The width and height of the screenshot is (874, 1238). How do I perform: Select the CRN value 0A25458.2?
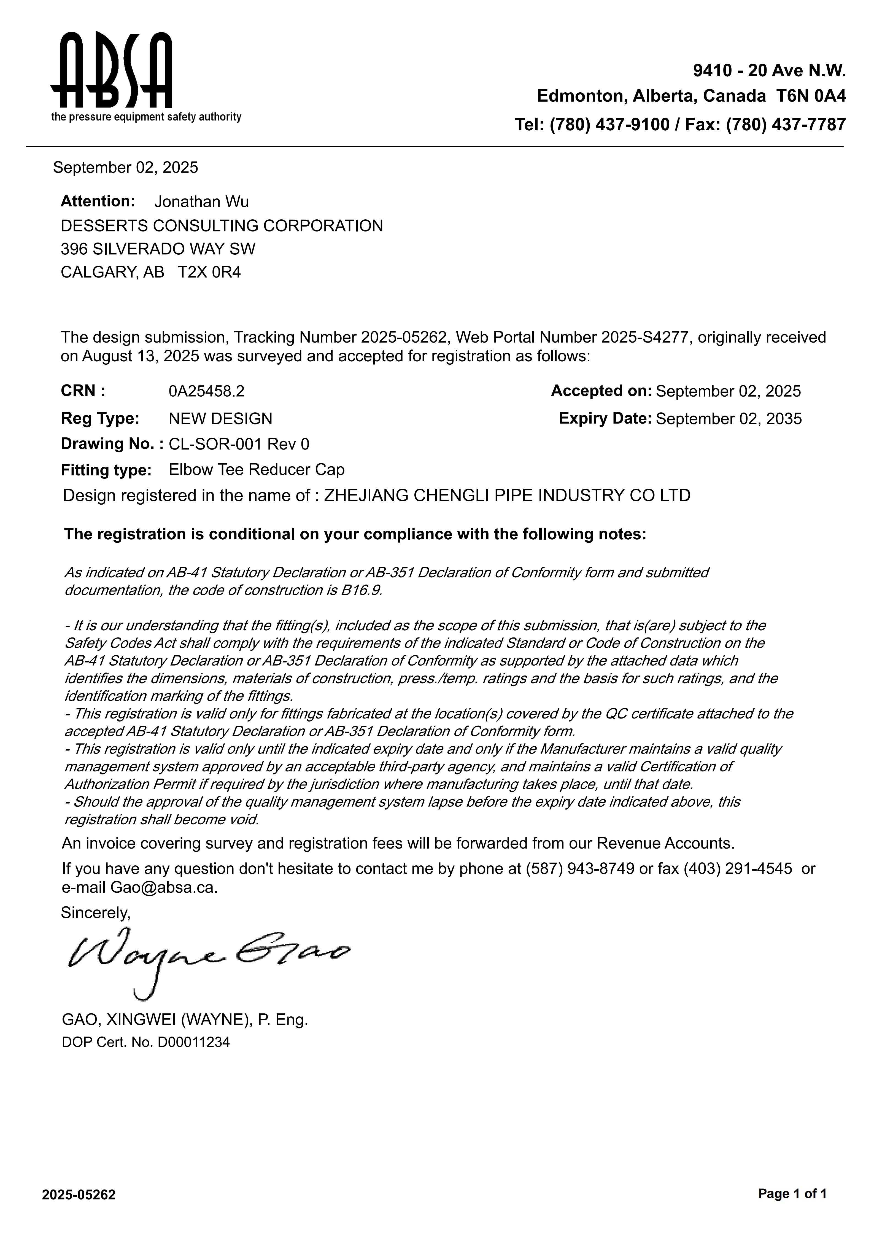[206, 391]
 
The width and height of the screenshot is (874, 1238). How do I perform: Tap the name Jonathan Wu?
[202, 202]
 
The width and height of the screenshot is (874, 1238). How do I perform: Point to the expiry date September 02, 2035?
[729, 419]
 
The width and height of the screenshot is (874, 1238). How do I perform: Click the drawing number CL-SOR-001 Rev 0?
[239, 444]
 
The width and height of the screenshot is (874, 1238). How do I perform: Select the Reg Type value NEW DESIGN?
[220, 419]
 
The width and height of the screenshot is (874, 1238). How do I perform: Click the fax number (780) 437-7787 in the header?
[786, 125]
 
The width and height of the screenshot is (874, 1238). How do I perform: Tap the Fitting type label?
[106, 470]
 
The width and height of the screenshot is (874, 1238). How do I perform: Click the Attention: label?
[98, 201]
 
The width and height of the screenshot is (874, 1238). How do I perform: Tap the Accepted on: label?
[601, 391]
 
